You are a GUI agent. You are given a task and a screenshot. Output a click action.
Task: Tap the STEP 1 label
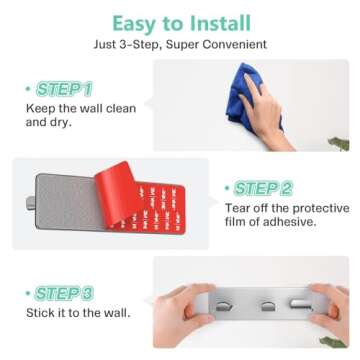coord(64,89)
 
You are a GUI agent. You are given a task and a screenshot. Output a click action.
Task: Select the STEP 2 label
coord(263,189)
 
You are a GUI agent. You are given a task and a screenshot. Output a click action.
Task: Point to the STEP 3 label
coord(64,293)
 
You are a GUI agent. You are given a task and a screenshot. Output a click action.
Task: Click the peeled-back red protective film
coord(116,192)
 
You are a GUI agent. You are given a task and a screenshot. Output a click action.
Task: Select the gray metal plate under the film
coord(68,201)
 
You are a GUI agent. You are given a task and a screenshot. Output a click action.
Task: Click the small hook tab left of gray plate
coord(31,203)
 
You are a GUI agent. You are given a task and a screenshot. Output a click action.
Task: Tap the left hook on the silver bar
coord(224,306)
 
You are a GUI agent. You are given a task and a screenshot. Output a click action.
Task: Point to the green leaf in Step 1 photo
coord(339,144)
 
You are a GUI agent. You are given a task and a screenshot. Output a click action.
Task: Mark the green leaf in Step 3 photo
coord(333,342)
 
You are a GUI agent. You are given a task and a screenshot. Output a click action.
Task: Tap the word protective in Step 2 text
coord(321,209)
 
